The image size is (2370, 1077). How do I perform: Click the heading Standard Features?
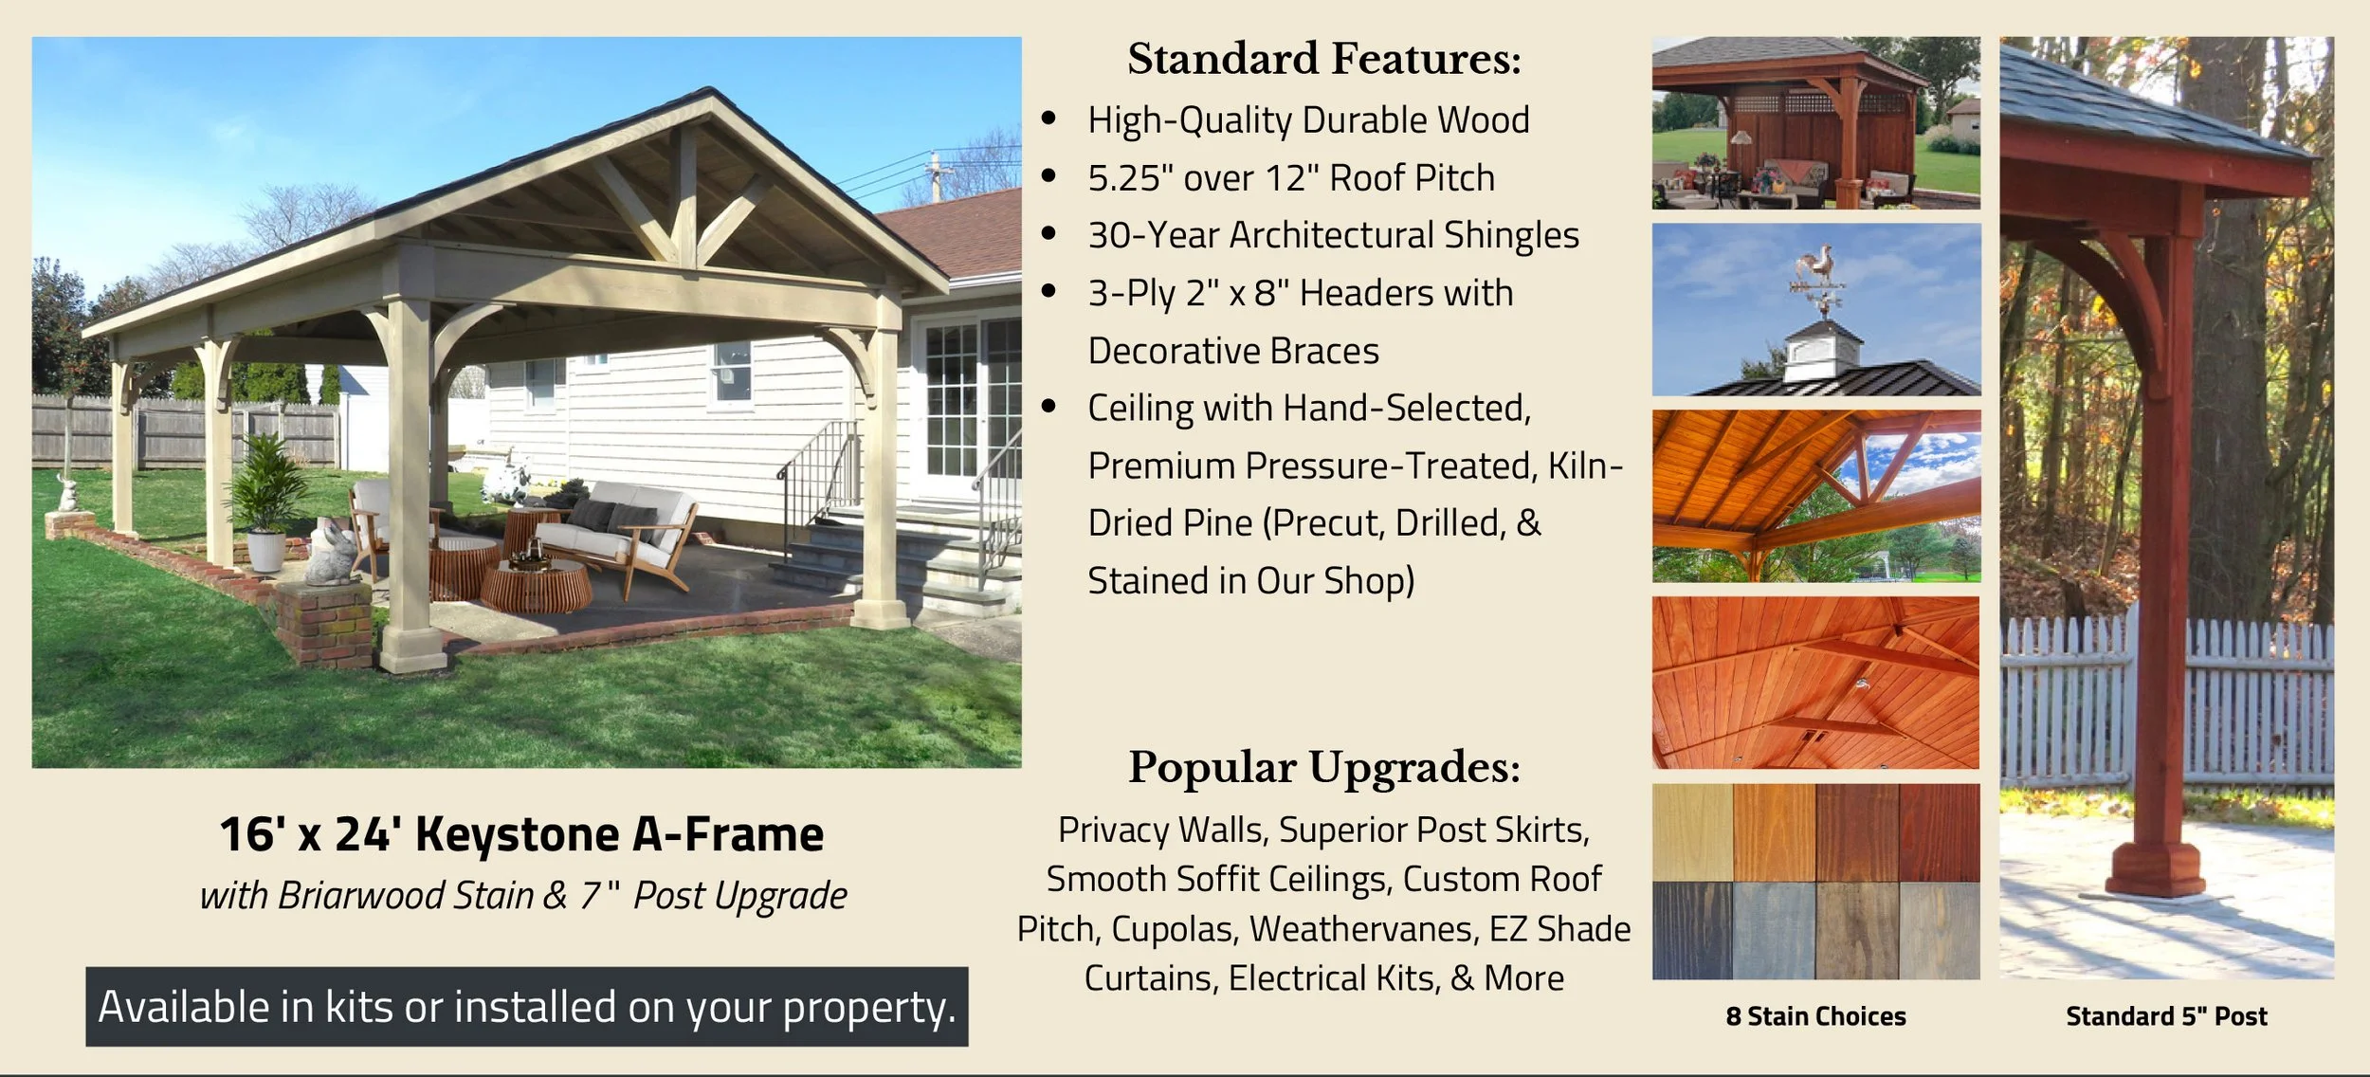point(1323,59)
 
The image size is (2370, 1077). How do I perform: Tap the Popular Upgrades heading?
point(1323,767)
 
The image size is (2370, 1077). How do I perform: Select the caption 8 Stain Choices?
point(1815,1016)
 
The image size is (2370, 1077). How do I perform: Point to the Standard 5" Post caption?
point(2166,1016)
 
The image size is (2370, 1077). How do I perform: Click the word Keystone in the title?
point(517,835)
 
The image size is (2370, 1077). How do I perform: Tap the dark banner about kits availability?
point(527,1007)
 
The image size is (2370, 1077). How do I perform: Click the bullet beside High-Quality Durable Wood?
point(1048,119)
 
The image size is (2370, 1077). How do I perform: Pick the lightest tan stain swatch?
point(1692,832)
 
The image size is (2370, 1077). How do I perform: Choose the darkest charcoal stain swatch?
point(1692,930)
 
